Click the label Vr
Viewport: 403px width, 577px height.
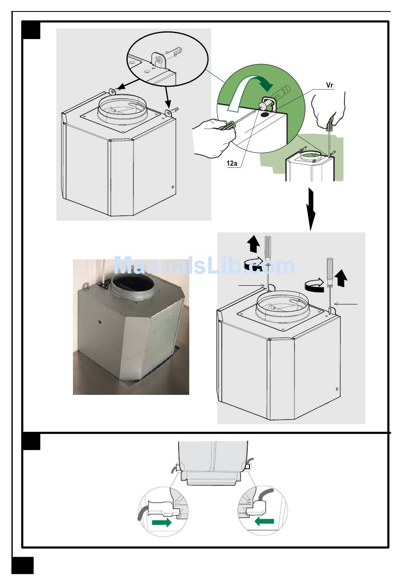point(330,85)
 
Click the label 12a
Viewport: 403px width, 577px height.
point(232,163)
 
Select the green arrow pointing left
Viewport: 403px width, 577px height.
point(264,522)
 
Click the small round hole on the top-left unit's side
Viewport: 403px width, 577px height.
point(172,187)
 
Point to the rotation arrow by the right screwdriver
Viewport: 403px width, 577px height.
point(314,285)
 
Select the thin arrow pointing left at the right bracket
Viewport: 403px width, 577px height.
point(345,304)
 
